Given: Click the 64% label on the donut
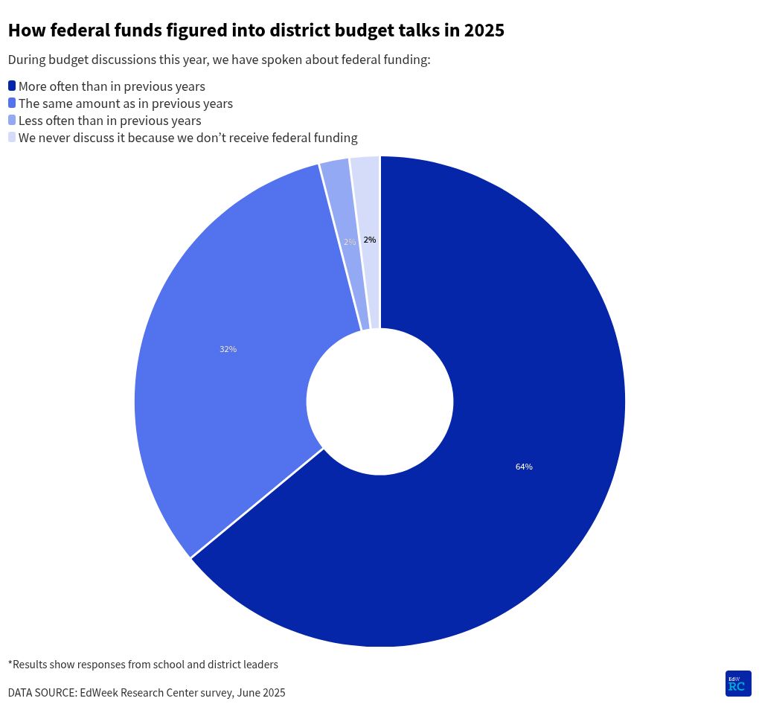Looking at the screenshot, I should pyautogui.click(x=524, y=467).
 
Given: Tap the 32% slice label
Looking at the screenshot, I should pyautogui.click(x=228, y=349).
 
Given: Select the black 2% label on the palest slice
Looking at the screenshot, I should pyautogui.click(x=370, y=240).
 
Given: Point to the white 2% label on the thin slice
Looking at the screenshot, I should pyautogui.click(x=350, y=242).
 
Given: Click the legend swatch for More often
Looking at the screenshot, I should pyautogui.click(x=12, y=86).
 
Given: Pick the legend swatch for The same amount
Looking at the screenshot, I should pyautogui.click(x=12, y=103).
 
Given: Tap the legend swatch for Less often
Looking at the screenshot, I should pyautogui.click(x=12, y=120).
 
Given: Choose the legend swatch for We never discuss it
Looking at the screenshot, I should pyautogui.click(x=12, y=137).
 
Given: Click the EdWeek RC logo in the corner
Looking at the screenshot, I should pyautogui.click(x=737, y=683).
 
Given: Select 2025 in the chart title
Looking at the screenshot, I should pyautogui.click(x=484, y=31).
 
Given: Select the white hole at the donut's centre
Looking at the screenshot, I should pyautogui.click(x=379, y=402).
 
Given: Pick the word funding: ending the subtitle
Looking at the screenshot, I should pyautogui.click(x=404, y=60).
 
